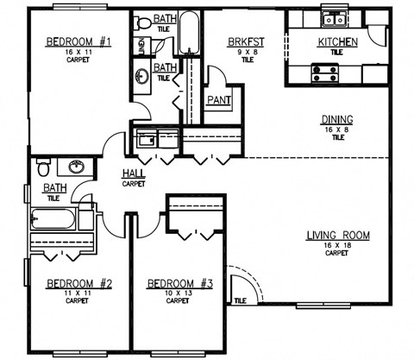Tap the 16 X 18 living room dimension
click(x=338, y=246)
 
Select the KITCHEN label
click(x=336, y=42)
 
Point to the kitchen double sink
click(x=333, y=19)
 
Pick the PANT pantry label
click(x=216, y=100)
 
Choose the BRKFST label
click(x=247, y=41)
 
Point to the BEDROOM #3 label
click(x=177, y=283)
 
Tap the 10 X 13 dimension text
click(x=177, y=293)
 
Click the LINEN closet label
click(x=141, y=44)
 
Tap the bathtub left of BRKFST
click(x=191, y=35)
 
